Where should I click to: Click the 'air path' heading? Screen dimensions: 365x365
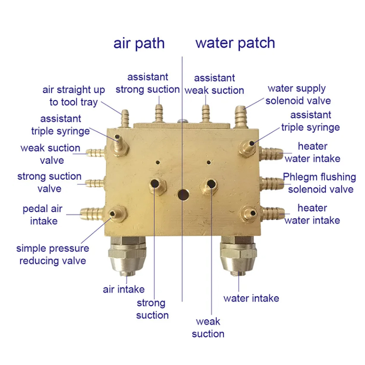(x=139, y=43)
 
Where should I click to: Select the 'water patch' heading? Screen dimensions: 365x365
(x=235, y=43)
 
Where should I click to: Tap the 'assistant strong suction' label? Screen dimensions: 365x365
(x=147, y=83)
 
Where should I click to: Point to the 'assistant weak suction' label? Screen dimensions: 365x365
(x=214, y=84)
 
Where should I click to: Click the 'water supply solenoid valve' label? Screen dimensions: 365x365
(x=298, y=94)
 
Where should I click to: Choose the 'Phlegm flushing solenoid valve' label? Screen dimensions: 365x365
(x=320, y=183)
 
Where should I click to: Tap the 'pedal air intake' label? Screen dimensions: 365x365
(x=43, y=215)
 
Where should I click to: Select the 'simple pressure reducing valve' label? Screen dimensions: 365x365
(x=52, y=255)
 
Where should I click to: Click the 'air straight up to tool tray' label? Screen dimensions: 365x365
(x=73, y=96)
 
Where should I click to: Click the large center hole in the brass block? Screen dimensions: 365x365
(x=183, y=195)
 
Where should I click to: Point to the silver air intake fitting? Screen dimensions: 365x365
(x=127, y=255)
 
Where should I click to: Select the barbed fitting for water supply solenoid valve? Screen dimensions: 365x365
(x=240, y=116)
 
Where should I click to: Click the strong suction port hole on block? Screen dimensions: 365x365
(x=154, y=184)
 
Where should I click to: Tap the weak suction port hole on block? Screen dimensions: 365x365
(x=211, y=184)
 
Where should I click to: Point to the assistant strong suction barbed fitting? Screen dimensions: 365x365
(x=159, y=113)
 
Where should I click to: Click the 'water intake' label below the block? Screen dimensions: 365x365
(x=251, y=298)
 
